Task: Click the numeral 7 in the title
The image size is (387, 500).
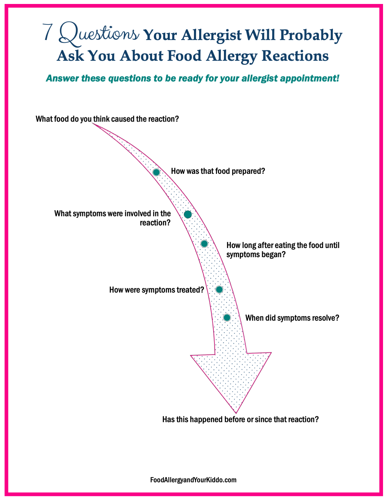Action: coord(48,32)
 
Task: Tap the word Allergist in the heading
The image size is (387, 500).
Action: coord(211,35)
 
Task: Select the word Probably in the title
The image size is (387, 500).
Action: coord(311,36)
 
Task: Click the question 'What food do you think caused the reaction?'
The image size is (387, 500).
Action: coord(107,119)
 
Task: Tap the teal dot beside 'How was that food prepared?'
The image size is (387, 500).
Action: coord(156,172)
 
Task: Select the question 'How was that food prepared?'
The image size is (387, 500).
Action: coord(218,171)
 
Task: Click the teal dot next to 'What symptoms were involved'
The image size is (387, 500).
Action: coord(188,214)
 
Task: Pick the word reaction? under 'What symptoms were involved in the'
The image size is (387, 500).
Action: coord(155,223)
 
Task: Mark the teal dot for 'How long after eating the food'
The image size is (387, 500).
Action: coord(204,244)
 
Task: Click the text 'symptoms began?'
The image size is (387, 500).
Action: coord(256,255)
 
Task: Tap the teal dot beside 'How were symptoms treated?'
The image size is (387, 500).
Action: coord(219,290)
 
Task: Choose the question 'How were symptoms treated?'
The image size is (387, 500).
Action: coord(157,290)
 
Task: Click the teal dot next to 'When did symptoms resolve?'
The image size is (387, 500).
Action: coord(227,318)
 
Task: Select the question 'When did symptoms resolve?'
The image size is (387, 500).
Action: coord(292,318)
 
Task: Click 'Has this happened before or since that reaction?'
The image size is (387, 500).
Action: coord(240,419)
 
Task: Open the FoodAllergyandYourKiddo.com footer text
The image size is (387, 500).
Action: coord(193,480)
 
